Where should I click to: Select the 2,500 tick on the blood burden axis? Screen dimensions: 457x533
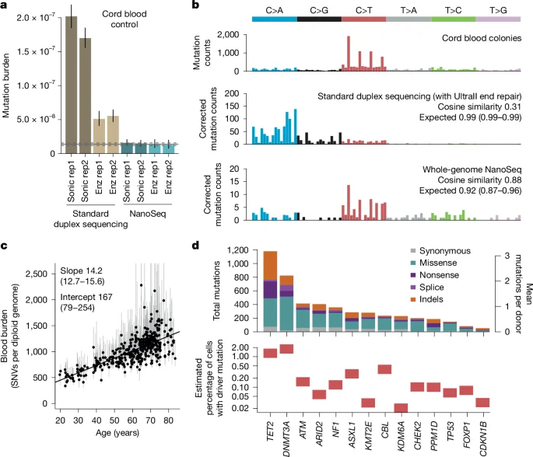pos(45,274)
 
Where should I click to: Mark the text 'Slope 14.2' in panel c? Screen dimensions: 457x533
pos(82,269)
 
